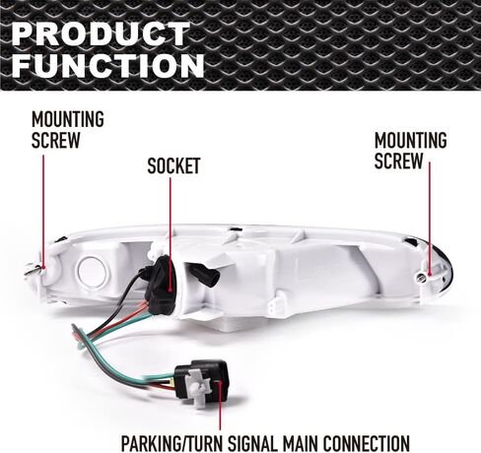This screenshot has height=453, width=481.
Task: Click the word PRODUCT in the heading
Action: [x=102, y=33]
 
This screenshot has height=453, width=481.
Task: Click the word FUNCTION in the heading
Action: [x=108, y=65]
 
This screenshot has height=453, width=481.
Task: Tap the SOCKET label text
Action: [x=173, y=166]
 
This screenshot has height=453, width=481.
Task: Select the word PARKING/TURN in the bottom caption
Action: [x=172, y=444]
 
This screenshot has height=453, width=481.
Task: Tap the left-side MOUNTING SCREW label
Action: [x=68, y=130]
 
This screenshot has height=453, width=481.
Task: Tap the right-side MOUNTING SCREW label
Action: [x=411, y=151]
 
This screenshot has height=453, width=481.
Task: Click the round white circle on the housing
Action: [x=93, y=271]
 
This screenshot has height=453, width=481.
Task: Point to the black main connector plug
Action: [x=201, y=381]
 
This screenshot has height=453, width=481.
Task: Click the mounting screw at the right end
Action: [x=421, y=279]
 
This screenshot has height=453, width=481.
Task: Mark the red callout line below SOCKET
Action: [x=171, y=234]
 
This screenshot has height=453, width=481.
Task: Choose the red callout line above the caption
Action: [x=220, y=406]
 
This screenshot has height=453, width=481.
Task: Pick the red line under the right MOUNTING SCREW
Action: [x=429, y=219]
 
